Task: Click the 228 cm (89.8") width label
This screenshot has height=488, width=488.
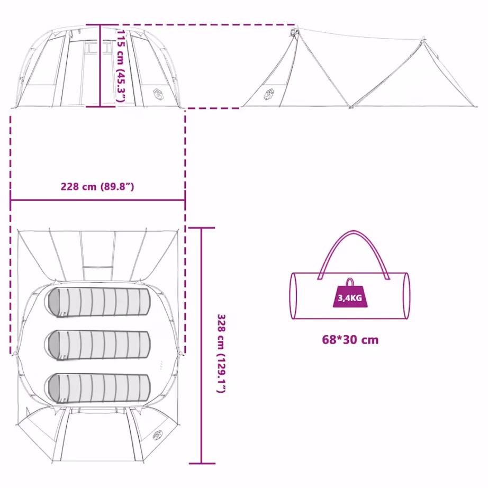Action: (97, 187)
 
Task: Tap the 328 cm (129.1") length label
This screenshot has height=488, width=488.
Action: (221, 354)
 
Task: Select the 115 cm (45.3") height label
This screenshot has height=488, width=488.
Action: (121, 66)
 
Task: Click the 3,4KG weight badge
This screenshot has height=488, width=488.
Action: (350, 293)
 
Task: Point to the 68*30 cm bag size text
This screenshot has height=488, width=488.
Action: (350, 340)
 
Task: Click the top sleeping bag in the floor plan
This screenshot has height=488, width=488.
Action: (100, 302)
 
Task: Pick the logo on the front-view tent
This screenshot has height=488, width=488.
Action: (158, 94)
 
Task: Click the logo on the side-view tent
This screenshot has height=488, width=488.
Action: (269, 94)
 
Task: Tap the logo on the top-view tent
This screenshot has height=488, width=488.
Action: (158, 435)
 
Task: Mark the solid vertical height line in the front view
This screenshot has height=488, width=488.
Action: (100, 66)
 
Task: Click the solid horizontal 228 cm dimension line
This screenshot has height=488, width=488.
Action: (98, 200)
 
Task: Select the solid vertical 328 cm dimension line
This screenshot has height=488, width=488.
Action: (201, 346)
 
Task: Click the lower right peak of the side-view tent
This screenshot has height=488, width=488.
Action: (423, 39)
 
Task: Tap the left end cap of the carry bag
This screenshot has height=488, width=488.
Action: (293, 296)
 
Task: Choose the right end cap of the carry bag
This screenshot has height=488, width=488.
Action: (406, 296)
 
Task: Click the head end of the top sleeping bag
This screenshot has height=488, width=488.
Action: (54, 302)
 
